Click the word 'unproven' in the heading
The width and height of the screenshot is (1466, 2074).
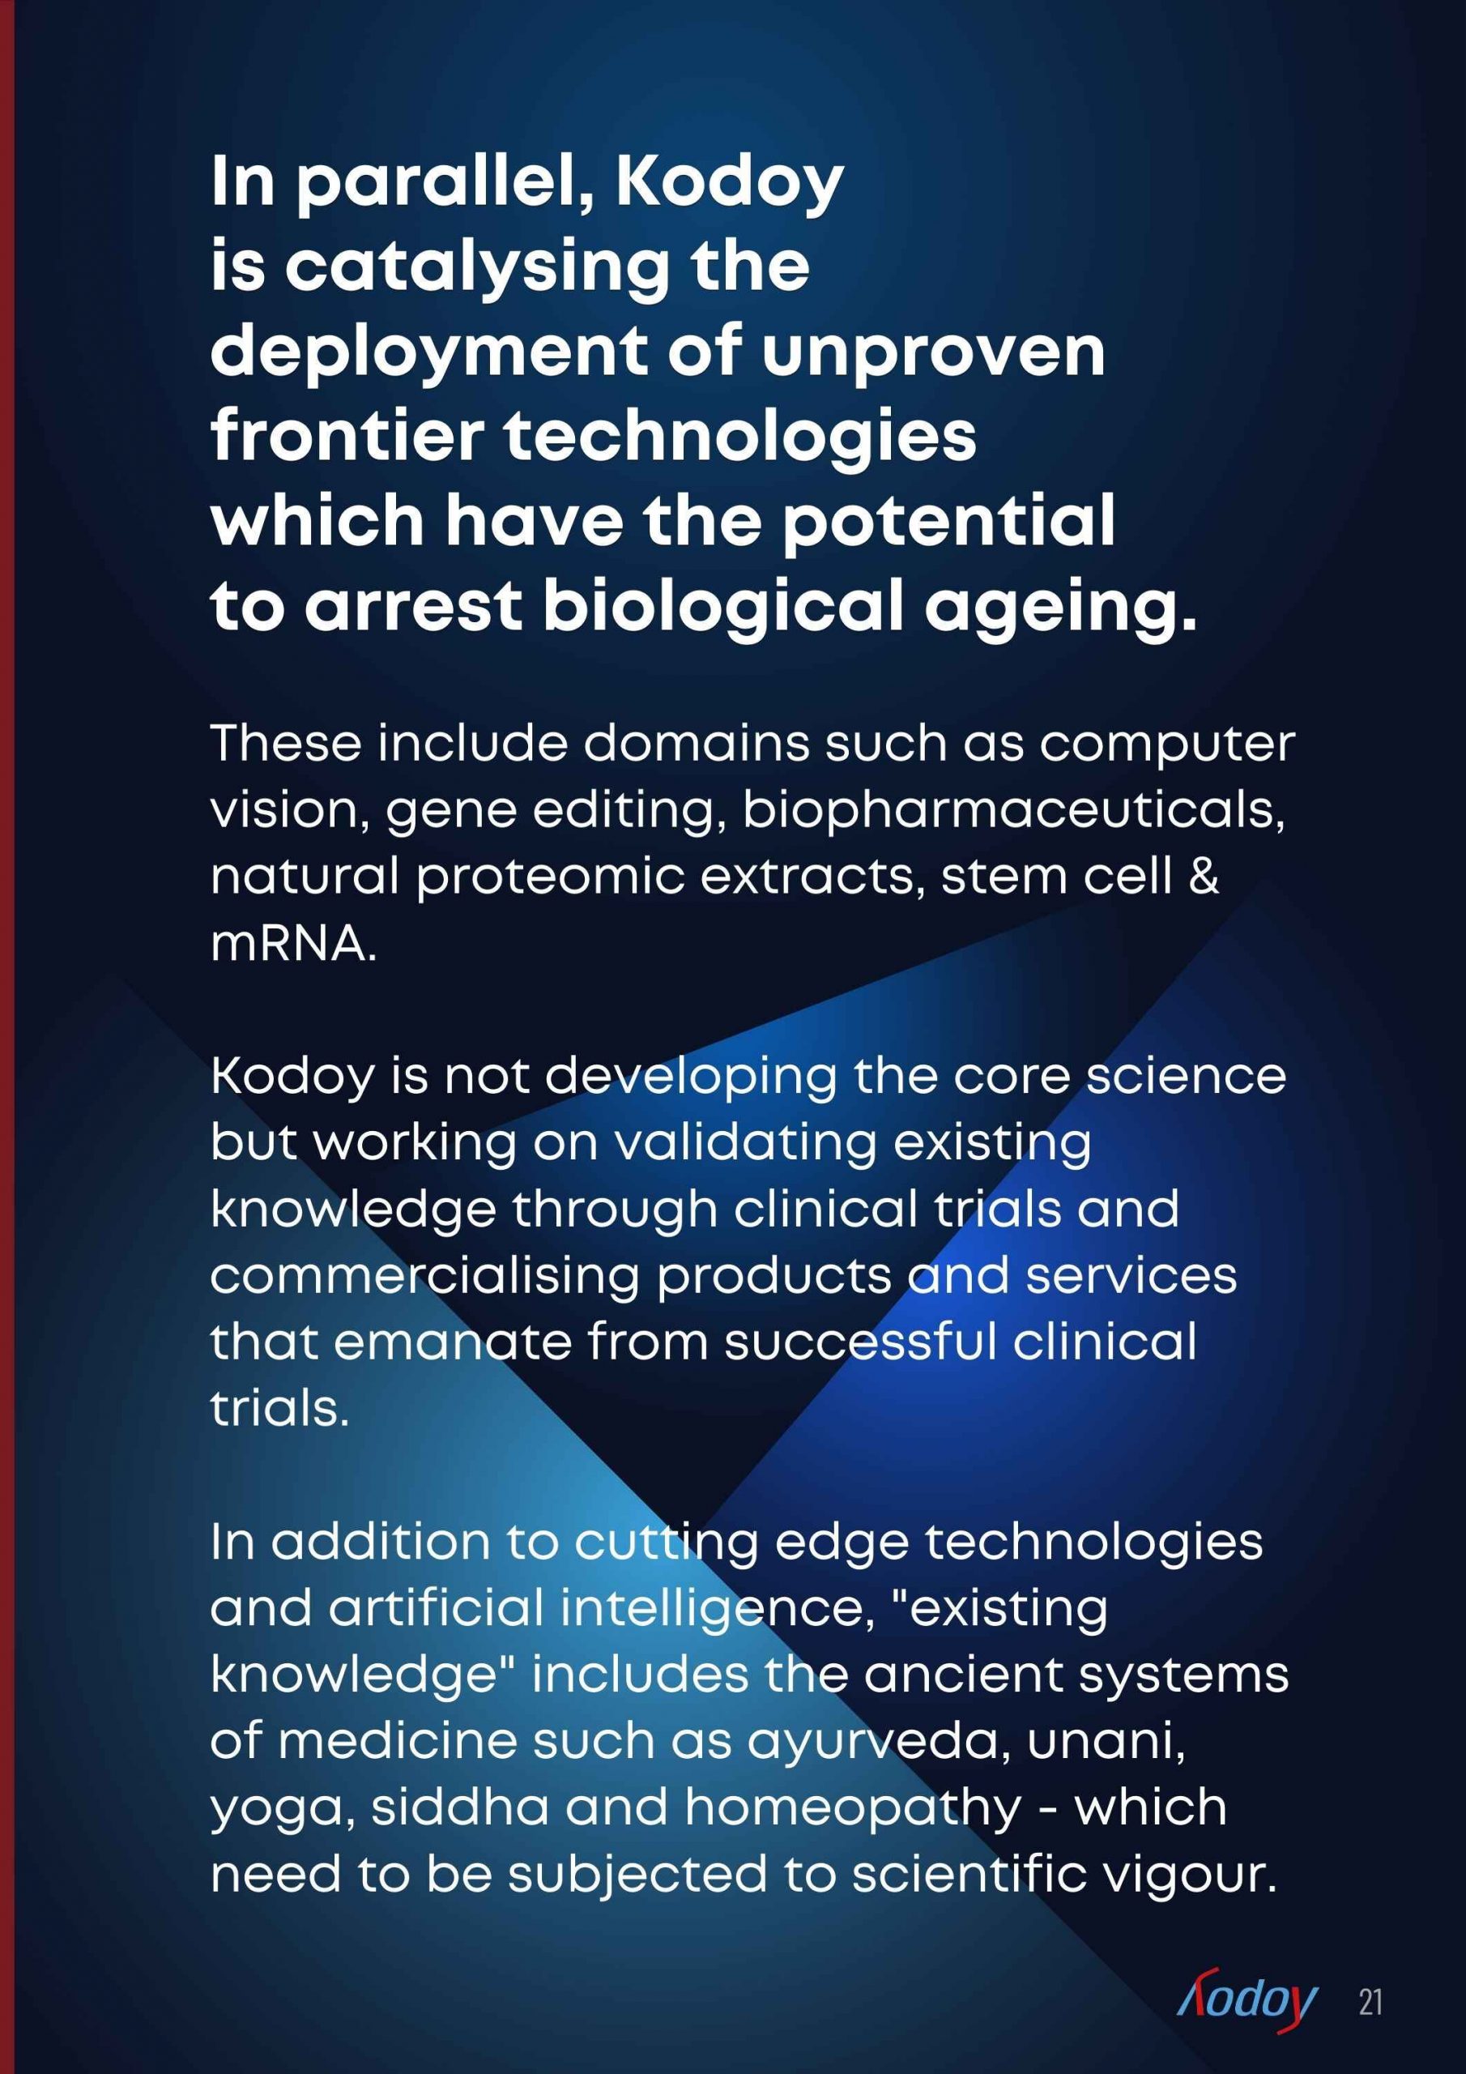point(933,352)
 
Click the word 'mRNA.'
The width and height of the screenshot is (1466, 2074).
point(293,944)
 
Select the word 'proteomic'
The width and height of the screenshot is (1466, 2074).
point(550,877)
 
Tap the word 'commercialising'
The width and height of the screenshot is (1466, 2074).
point(424,1275)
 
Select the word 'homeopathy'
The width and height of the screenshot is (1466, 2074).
point(854,1808)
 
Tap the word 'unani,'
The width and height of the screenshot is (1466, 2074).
point(1106,1741)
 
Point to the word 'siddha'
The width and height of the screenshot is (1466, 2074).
point(460,1807)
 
